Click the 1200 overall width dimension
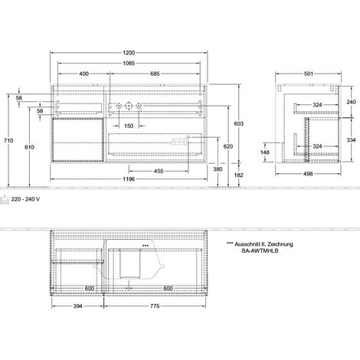129,53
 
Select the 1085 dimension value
129,63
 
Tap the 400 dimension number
83,74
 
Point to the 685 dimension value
155,74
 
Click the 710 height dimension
8,140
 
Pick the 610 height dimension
29,147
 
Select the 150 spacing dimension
129,126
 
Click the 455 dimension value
159,171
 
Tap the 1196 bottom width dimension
129,179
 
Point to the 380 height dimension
218,169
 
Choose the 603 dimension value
239,124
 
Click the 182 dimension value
239,175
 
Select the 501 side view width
309,74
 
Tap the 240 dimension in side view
351,102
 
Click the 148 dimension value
265,152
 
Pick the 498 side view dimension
308,174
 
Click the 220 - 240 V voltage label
25,199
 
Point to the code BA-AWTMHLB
260,250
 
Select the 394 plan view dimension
78,306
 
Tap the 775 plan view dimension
155,306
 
